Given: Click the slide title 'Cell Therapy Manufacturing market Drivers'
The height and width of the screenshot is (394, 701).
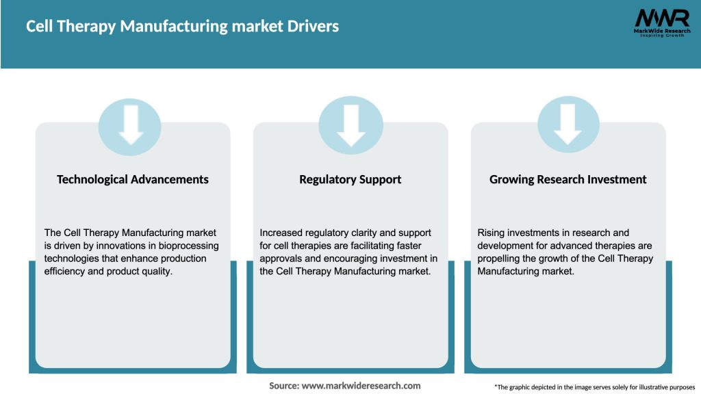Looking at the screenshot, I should click(x=182, y=27).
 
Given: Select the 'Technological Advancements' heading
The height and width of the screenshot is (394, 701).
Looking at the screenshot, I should click(x=133, y=179).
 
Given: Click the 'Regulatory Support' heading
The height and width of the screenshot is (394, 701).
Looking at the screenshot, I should click(x=350, y=179).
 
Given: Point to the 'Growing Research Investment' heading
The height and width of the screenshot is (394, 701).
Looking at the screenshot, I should click(x=568, y=179).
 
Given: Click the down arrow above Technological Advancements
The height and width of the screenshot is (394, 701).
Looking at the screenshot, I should click(x=130, y=126).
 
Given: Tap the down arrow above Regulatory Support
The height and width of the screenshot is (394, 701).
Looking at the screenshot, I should click(x=350, y=126).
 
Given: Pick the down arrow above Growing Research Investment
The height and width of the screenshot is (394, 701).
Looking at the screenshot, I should click(x=568, y=126).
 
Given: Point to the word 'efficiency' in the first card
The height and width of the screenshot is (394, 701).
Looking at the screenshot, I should click(x=66, y=272).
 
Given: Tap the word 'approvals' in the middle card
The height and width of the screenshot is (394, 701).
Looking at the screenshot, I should click(x=281, y=259).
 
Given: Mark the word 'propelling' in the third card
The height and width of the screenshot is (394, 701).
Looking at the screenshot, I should click(x=501, y=259).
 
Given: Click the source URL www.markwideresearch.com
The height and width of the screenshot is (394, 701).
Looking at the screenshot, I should click(x=361, y=386).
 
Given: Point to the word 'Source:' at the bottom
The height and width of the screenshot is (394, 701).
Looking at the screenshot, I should click(x=284, y=386).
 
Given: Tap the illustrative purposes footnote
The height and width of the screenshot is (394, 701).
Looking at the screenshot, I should click(x=594, y=387).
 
